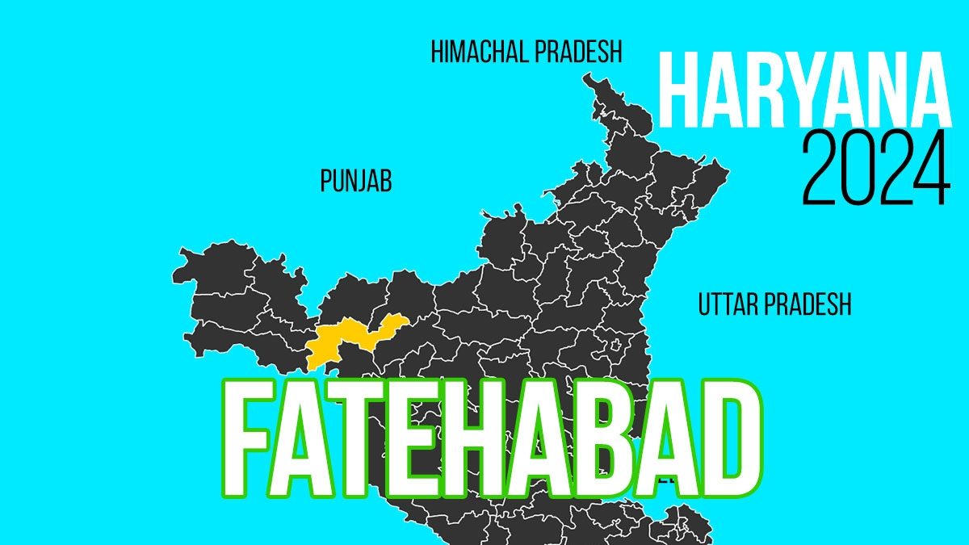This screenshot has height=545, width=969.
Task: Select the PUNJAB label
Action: [x=356, y=182]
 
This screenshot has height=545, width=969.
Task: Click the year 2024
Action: [x=876, y=170]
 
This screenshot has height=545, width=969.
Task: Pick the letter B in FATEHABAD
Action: [x=586, y=440]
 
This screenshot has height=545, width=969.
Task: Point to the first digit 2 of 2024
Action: [x=822, y=170]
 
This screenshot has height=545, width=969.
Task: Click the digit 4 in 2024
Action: [x=931, y=170]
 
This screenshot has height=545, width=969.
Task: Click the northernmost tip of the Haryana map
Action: [x=589, y=76]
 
